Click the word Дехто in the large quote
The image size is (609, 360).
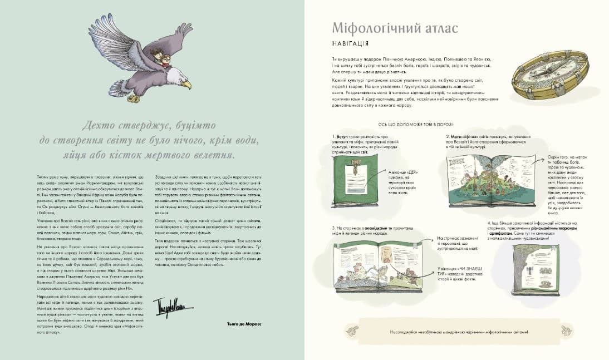[100, 125]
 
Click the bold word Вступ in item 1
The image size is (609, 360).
[341, 136]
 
